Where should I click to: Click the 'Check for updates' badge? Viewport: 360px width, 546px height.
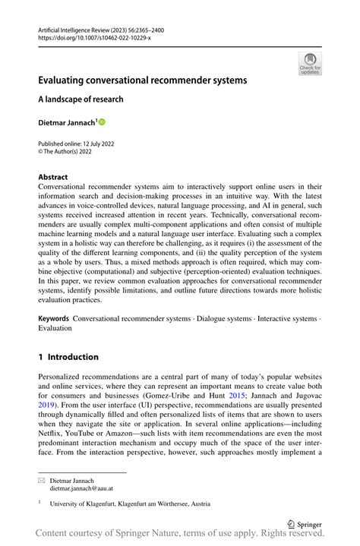[309, 63]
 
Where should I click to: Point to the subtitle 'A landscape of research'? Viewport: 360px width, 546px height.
[81, 99]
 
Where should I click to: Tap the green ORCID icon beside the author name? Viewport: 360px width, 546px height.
[100, 122]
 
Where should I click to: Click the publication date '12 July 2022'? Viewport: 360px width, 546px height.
[95, 144]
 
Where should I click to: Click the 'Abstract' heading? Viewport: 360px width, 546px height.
[54, 177]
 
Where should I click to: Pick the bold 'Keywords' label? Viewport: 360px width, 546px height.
[55, 320]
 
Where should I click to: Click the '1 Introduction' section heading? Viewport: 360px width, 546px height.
[68, 357]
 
